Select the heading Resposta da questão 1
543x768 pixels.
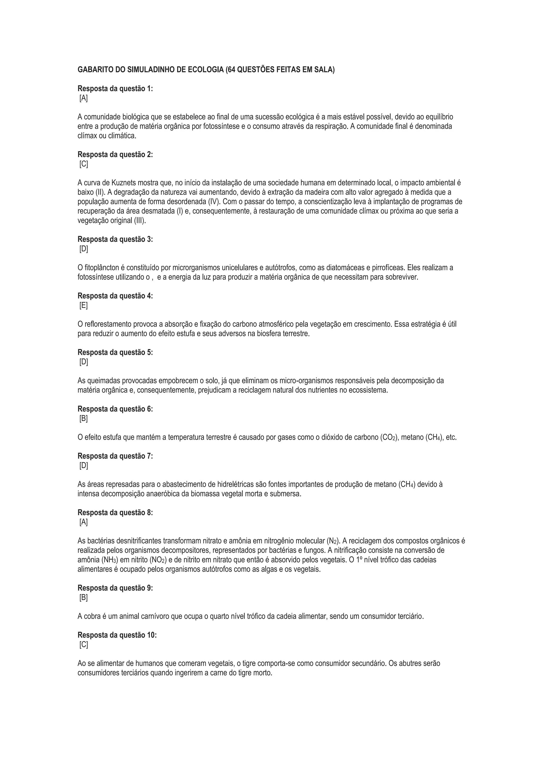point(115,89)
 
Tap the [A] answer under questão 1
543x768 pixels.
point(84,98)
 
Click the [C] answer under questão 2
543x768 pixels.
point(84,164)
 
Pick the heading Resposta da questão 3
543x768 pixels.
point(115,239)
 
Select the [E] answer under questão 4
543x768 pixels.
point(84,306)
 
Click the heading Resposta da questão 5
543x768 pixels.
point(115,352)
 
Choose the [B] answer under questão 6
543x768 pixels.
point(84,418)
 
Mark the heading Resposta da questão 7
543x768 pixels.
point(115,456)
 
